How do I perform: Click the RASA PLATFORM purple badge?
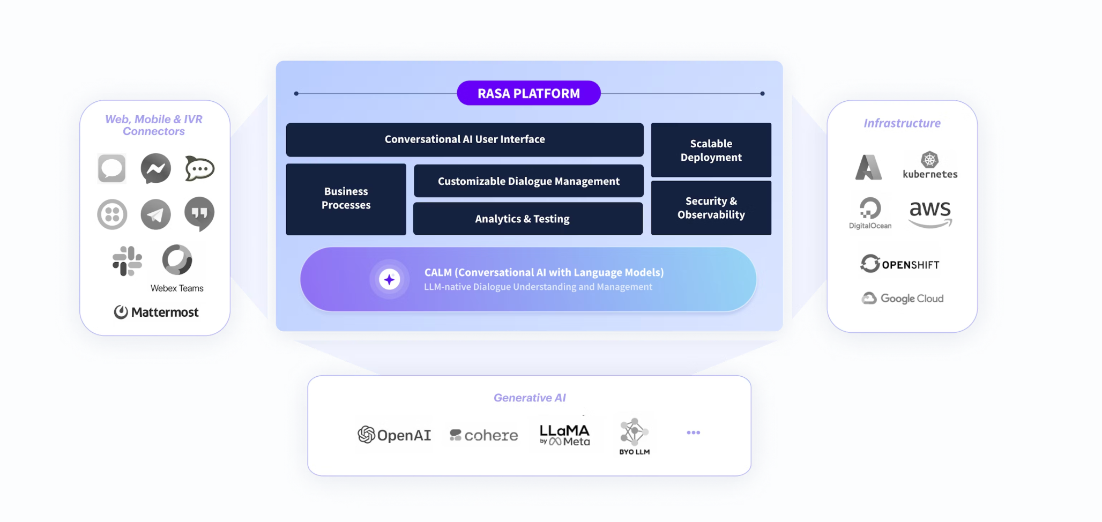528,93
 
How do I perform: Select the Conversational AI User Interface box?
465,139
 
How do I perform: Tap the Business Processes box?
346,199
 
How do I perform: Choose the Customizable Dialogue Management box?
528,181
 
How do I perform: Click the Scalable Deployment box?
711,150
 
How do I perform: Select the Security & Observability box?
711,208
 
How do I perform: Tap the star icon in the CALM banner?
390,279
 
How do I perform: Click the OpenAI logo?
394,435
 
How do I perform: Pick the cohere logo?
484,435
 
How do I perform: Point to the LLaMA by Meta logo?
564,435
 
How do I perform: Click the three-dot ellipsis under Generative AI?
693,432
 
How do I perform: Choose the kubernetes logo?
930,165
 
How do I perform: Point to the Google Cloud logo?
903,299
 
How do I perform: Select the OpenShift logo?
900,264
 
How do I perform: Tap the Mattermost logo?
156,312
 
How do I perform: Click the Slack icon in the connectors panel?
128,261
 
